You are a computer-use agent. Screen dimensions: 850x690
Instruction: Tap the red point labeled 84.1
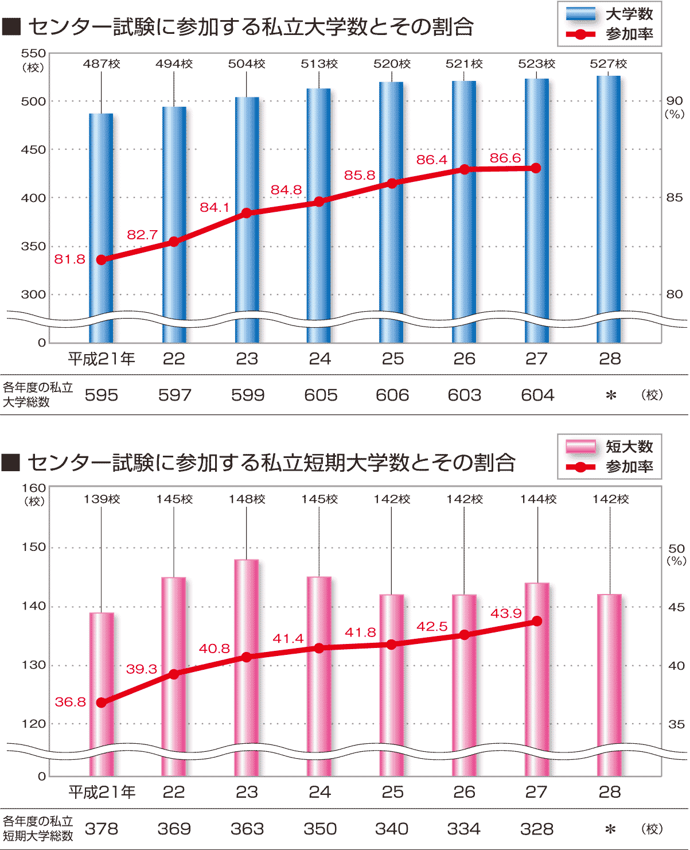(247, 213)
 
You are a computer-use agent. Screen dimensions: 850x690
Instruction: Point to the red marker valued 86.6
(536, 168)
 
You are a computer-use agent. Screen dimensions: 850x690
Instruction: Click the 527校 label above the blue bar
(609, 64)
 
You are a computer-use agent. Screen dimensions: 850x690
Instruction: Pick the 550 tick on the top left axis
(33, 53)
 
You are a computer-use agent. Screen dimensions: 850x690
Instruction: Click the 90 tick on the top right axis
(675, 101)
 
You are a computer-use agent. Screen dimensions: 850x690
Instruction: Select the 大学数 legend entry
(610, 14)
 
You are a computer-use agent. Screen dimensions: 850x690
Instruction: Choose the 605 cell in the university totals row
(321, 395)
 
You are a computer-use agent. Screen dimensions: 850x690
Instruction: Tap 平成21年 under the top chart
(102, 359)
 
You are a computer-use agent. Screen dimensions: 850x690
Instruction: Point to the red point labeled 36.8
(102, 702)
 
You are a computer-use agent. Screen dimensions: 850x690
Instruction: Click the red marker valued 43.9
(537, 621)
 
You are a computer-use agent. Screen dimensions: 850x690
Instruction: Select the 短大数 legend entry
(610, 447)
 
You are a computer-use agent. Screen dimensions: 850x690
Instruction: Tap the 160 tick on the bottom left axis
(33, 488)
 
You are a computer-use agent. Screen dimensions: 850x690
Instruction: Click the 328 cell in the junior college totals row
(537, 829)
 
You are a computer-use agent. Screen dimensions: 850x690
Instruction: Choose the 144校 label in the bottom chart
(538, 499)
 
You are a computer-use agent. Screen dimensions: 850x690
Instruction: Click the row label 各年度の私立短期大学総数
(38, 829)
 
